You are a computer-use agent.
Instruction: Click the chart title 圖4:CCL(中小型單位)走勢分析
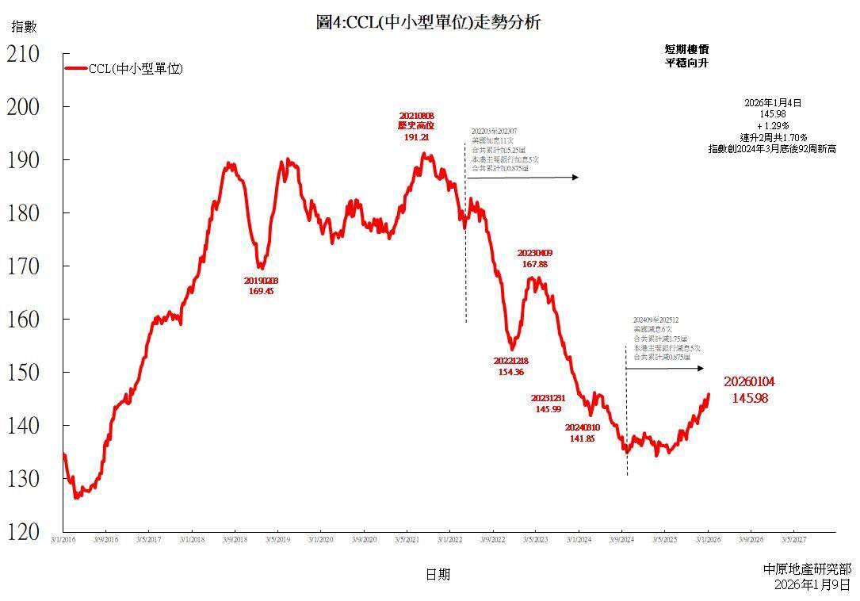[x=428, y=22]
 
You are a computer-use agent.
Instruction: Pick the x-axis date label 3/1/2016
[x=63, y=540]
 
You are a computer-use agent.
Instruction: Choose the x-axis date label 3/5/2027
[x=794, y=540]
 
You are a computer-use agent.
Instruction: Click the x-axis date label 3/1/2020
[x=320, y=540]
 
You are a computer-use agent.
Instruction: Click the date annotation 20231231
[x=548, y=398]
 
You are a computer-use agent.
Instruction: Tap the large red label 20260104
[x=749, y=382]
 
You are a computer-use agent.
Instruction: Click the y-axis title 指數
[x=24, y=27]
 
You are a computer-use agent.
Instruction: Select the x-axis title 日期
[x=437, y=574]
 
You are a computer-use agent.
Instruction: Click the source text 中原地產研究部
[x=807, y=569]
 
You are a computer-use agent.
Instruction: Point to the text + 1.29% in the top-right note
[x=773, y=126]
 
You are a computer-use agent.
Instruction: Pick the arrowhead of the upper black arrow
[x=576, y=178]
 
